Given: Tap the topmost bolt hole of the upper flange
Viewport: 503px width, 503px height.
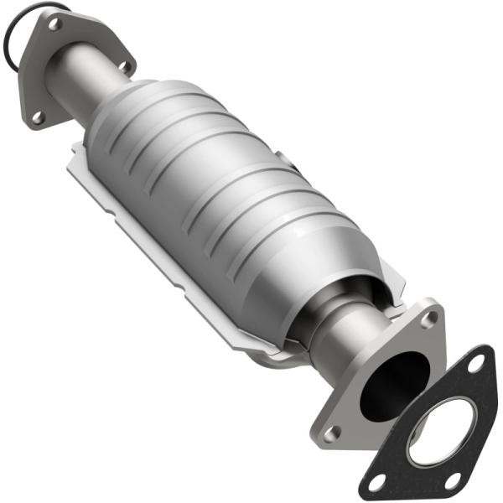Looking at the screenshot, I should (x=54, y=23).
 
